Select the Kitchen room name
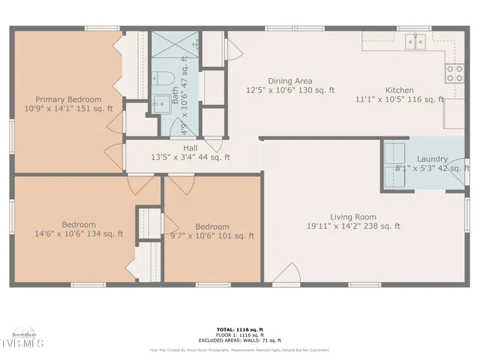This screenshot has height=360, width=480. click(x=400, y=88)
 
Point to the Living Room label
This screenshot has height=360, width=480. click(x=352, y=217)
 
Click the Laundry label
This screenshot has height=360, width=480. click(x=433, y=159)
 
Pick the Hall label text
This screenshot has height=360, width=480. click(x=190, y=148)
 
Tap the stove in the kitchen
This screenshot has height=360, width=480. click(x=454, y=73)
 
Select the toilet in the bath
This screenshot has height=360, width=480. click(x=164, y=79)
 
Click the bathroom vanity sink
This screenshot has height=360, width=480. click(x=158, y=104)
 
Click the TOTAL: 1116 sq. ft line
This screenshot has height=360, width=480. click(x=239, y=328)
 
